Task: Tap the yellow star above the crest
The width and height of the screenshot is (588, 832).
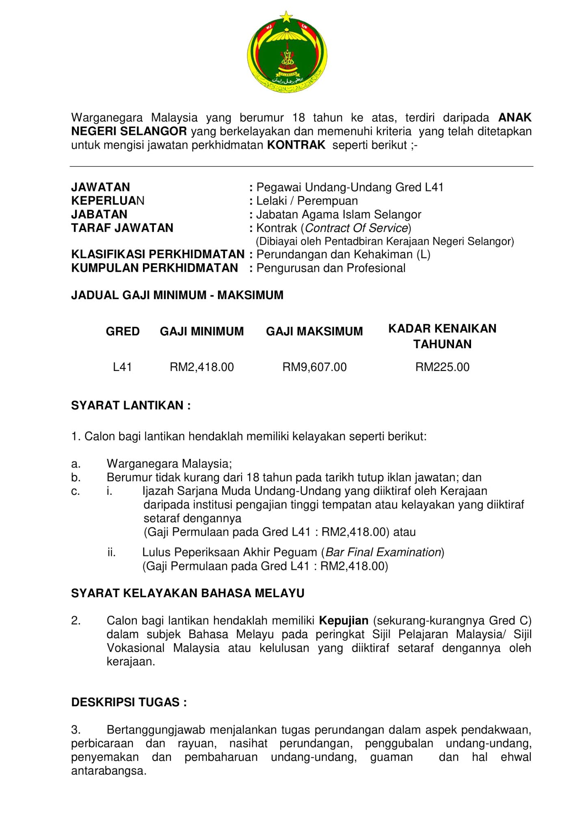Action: pos(287,17)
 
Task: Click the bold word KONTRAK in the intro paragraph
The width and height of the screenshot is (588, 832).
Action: pos(296,145)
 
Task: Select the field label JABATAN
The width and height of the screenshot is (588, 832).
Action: pos(99,214)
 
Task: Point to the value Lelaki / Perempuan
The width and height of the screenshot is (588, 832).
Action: pos(307,201)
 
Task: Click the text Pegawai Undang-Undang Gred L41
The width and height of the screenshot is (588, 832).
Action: pos(350,187)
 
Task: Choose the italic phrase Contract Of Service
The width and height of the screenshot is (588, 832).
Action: pos(356,228)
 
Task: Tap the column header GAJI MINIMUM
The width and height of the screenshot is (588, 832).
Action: pos(202,331)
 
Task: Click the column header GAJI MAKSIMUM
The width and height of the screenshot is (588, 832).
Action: pos(314,331)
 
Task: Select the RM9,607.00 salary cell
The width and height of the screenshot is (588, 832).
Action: pos(315,367)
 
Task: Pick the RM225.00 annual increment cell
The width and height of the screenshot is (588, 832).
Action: pos(442,367)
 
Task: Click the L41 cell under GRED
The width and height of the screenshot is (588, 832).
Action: pos(122,367)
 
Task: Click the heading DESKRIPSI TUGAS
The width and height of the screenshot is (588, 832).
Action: pos(129,702)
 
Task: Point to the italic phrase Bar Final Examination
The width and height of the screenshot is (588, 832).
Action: pos(383,552)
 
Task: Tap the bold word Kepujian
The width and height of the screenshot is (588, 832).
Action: pos(344,621)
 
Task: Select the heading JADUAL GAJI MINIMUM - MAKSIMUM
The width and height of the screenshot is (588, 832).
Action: pos(177,295)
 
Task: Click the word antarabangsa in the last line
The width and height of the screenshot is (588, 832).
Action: pos(108,771)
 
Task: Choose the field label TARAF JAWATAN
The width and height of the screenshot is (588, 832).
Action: pos(122,228)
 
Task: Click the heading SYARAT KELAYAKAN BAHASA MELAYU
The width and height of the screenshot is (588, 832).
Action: pos(188,594)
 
